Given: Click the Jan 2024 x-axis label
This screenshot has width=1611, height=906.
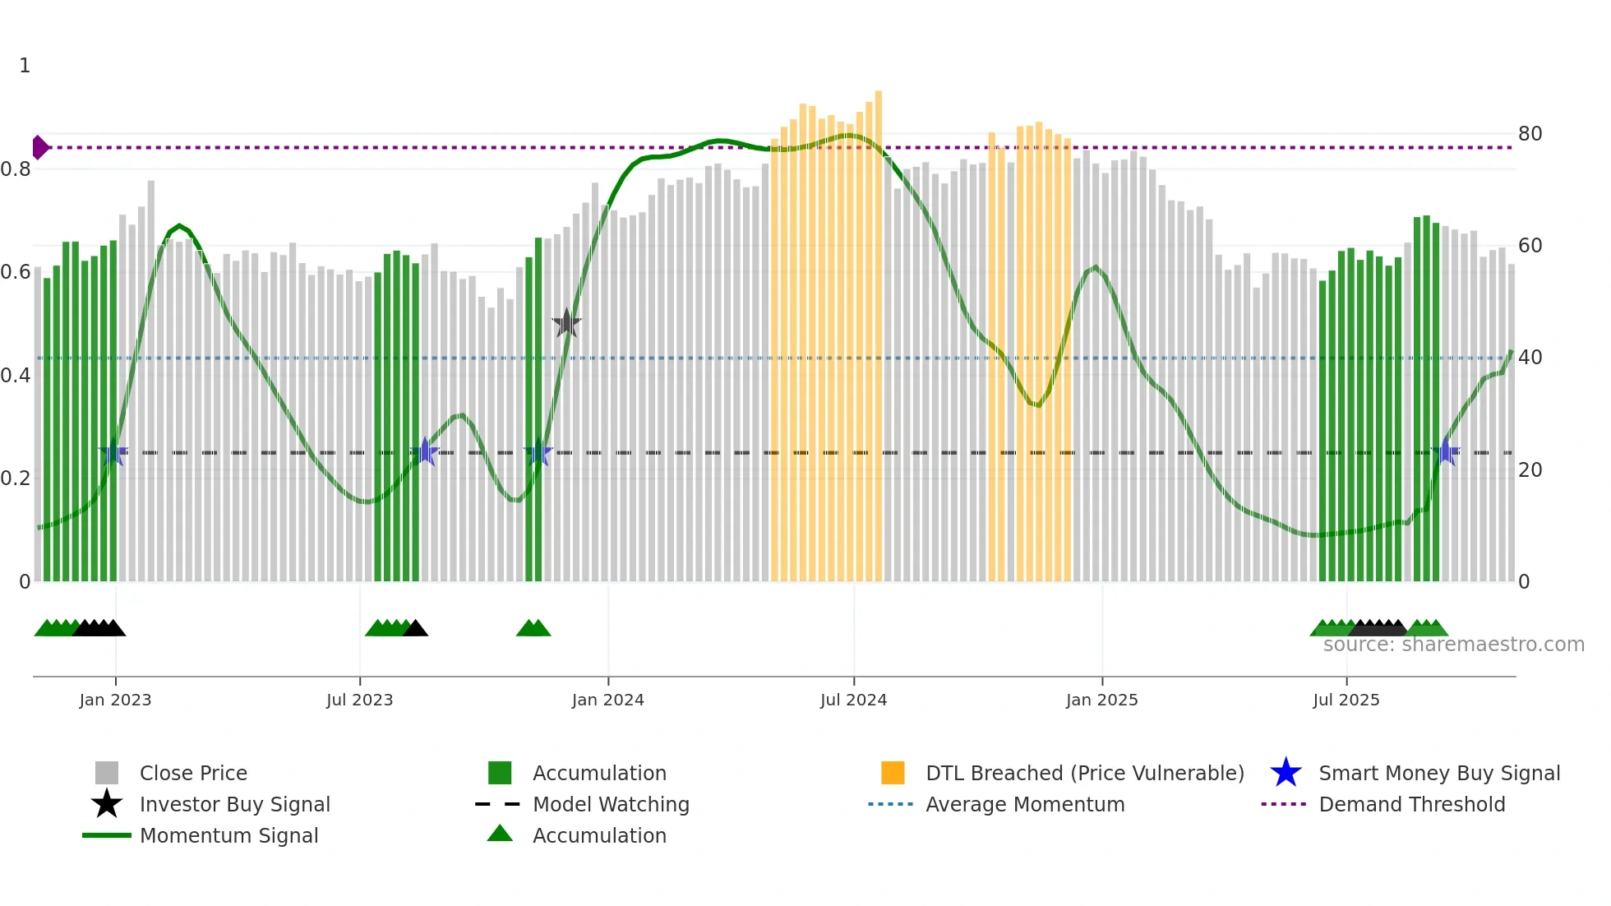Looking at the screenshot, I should [x=607, y=700].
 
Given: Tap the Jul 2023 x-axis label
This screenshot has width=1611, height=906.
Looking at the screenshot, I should [x=359, y=700].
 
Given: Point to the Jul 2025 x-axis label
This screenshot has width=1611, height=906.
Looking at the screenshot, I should [x=1346, y=700].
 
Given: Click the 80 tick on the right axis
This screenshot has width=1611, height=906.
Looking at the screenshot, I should [x=1530, y=134].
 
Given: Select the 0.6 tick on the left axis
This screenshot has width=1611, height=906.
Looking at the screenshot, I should [x=16, y=272].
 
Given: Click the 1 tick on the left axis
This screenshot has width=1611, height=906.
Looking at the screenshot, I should [x=25, y=66].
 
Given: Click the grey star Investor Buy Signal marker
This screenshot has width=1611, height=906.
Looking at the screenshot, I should [x=566, y=323].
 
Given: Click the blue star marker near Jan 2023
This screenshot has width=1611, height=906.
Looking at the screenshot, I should [x=113, y=452].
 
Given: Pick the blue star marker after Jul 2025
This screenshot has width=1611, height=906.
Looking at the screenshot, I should [x=1445, y=452].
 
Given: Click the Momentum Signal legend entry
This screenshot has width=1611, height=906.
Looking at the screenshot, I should [x=228, y=835].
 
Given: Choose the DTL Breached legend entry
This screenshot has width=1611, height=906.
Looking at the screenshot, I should [x=1084, y=773].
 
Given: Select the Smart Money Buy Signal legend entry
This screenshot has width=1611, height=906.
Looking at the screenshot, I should [x=1438, y=773].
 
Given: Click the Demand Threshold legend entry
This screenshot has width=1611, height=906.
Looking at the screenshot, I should [x=1411, y=804].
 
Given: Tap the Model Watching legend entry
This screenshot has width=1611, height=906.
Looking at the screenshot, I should [x=610, y=804].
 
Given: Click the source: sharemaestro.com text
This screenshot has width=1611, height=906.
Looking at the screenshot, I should [x=1453, y=645].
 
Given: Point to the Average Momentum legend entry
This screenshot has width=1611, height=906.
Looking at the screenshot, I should [x=1024, y=804].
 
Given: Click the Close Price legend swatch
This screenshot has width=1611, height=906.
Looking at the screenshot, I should [x=107, y=773].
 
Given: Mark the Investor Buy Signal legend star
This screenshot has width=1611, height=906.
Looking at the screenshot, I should [x=107, y=804].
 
